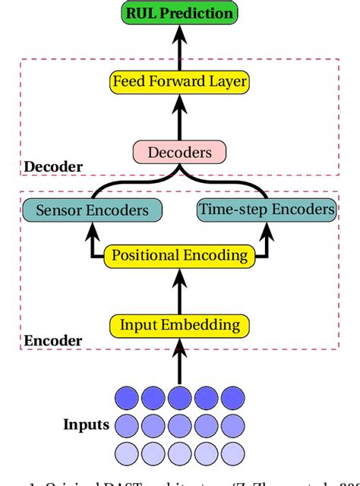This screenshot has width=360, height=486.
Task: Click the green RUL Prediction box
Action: click(x=180, y=13)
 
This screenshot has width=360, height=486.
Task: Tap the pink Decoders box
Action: click(x=180, y=153)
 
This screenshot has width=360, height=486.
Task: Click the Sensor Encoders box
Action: click(x=91, y=210)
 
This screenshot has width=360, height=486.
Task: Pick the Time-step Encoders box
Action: click(x=267, y=209)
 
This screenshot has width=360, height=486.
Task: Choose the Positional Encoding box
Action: click(x=180, y=254)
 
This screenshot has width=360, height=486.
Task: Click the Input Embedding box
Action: click(x=180, y=326)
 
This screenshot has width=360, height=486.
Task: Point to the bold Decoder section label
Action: click(x=52, y=166)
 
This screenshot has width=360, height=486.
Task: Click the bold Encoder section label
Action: click(x=52, y=341)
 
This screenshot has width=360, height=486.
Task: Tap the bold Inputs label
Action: click(x=87, y=424)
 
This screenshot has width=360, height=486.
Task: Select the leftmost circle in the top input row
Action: click(x=127, y=397)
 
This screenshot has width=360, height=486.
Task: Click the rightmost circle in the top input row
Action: click(x=232, y=397)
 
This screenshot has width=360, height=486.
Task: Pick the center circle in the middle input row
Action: click(x=180, y=424)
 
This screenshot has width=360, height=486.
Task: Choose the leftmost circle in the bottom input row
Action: click(x=127, y=452)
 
